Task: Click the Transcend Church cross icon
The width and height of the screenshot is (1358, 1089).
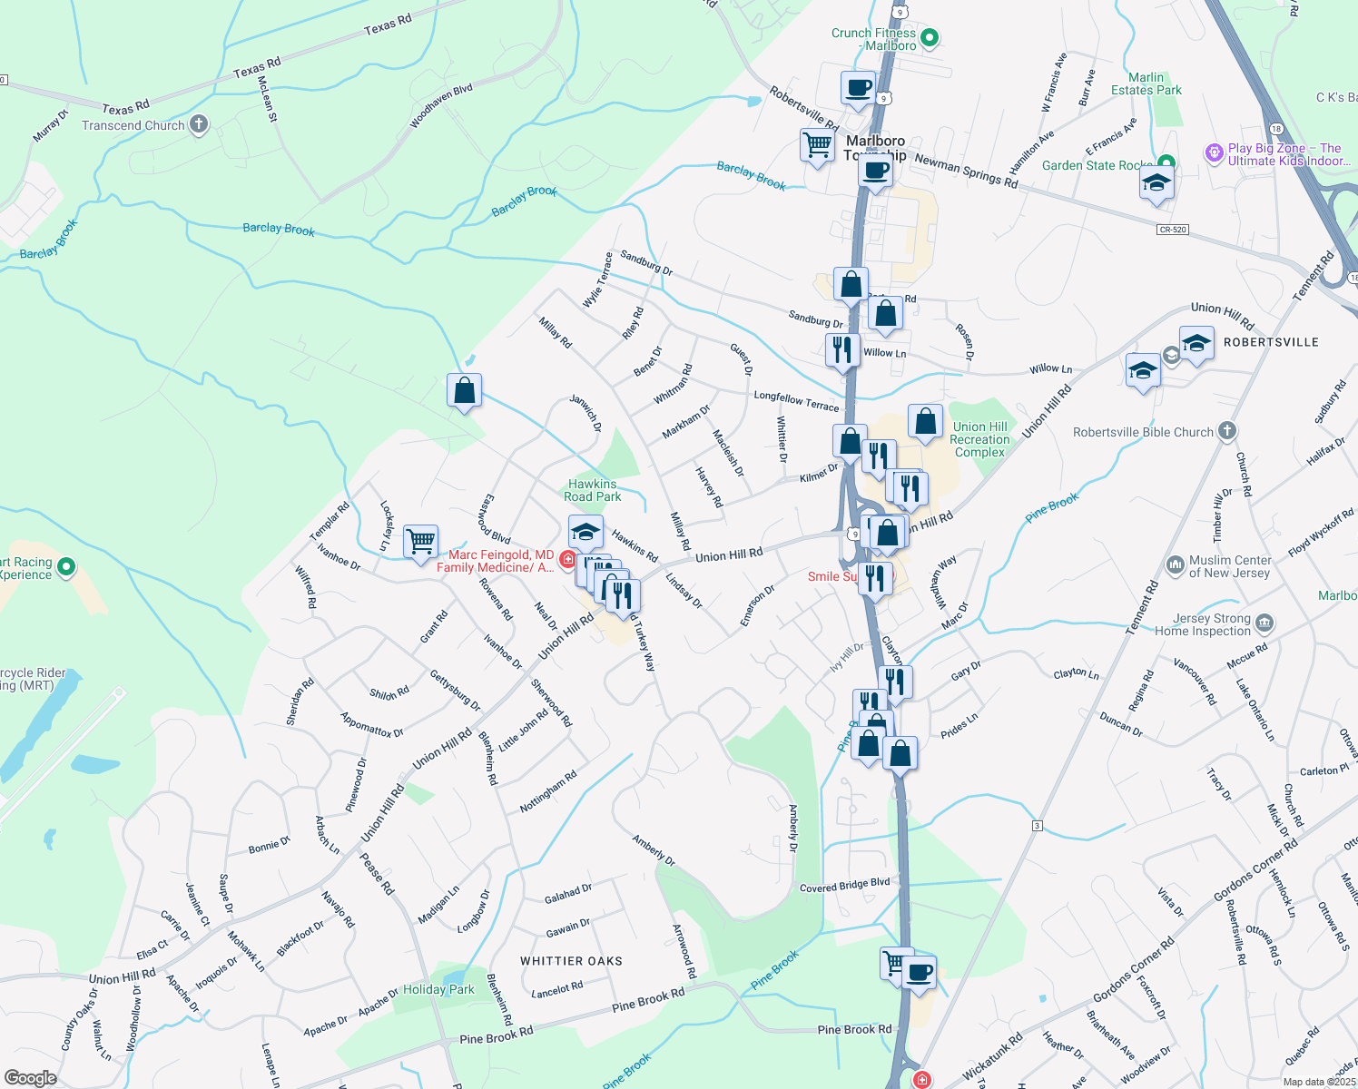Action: click(199, 125)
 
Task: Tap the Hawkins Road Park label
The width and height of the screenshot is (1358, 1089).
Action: click(593, 490)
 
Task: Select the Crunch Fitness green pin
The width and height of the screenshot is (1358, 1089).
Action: click(929, 39)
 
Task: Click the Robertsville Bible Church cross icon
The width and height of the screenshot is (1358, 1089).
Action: click(1226, 431)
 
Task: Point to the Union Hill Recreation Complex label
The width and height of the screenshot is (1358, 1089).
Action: click(979, 439)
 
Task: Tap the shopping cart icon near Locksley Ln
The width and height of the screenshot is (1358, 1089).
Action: click(420, 542)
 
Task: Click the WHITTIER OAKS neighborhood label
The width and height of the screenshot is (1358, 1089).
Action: click(571, 961)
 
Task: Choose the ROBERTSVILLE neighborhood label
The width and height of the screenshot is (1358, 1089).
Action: click(1271, 342)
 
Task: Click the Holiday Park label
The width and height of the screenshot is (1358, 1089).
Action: click(438, 989)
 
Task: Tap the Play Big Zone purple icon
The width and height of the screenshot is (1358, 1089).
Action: click(1215, 153)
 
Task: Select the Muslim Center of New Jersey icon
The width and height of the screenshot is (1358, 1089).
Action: click(1175, 565)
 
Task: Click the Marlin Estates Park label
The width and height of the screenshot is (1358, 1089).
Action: click(1146, 83)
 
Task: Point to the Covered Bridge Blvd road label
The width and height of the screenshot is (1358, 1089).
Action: click(844, 885)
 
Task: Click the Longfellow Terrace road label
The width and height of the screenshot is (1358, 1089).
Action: click(796, 400)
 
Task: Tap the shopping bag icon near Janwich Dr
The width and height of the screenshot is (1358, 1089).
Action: click(464, 390)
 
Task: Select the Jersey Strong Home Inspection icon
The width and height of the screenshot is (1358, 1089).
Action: click(1265, 623)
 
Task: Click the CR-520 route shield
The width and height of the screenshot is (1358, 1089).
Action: click(1173, 230)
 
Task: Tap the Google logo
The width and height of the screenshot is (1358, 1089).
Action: click(30, 1077)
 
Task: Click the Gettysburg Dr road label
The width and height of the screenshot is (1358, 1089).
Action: click(455, 690)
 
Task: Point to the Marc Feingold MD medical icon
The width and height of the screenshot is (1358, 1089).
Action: click(567, 559)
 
